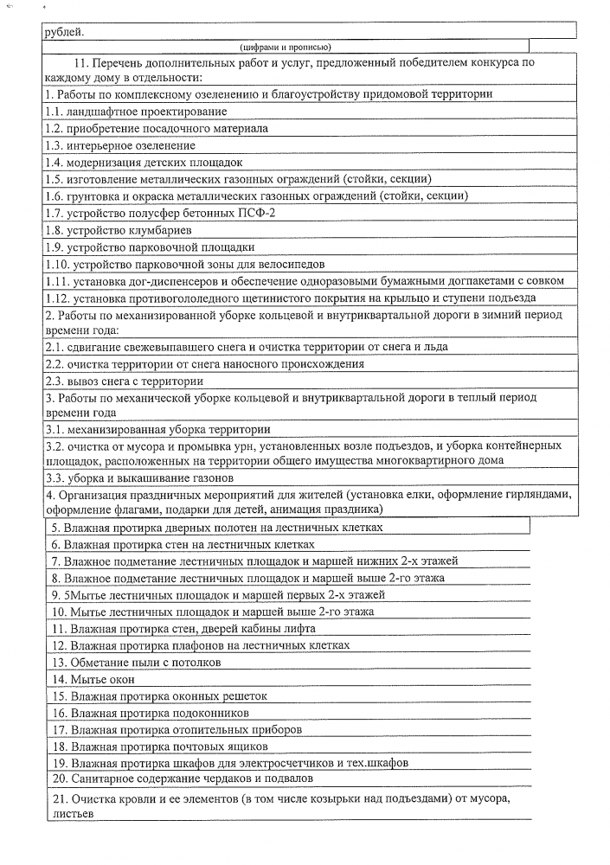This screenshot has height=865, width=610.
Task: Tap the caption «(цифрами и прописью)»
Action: [x=286, y=47]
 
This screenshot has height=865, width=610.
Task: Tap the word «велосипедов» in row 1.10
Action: [x=288, y=264]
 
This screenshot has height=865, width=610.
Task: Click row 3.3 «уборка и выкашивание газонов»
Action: [x=139, y=477]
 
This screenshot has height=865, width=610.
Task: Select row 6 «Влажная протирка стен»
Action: [x=182, y=544]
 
